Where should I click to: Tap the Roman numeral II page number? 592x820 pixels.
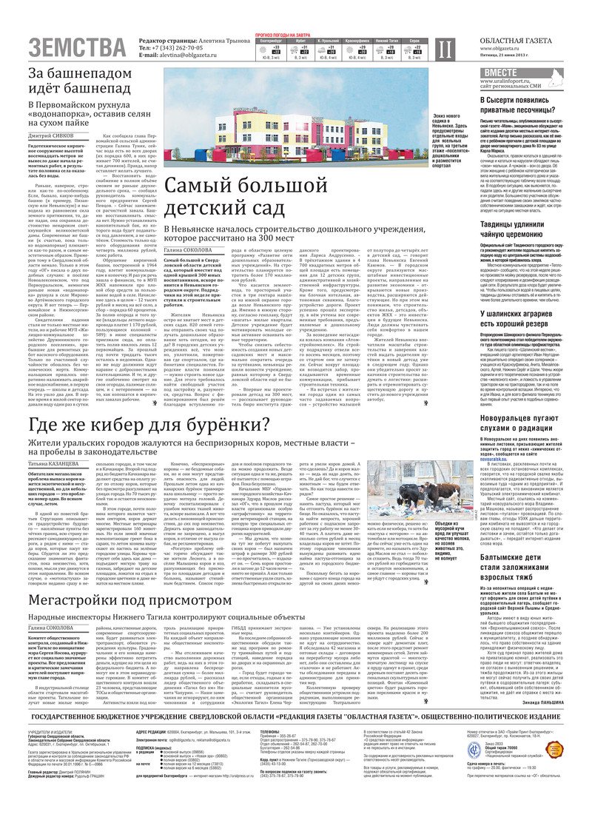443,49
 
